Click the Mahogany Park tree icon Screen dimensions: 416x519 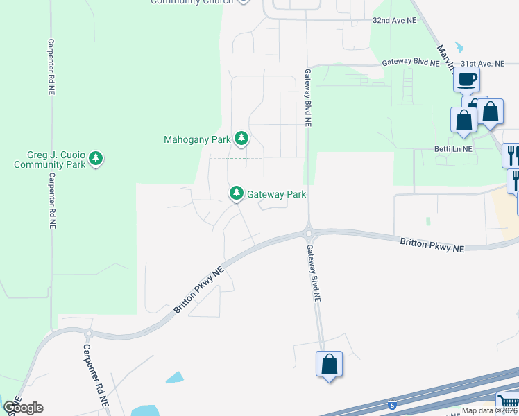tap(241, 139)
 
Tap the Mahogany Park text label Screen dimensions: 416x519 tap(196, 139)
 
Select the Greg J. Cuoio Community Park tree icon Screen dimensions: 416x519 tap(96, 159)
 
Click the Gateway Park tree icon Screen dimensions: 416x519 tap(237, 193)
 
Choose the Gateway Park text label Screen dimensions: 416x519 tap(277, 195)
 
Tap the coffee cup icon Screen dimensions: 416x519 tap(467, 79)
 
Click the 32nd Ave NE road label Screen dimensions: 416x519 tap(394, 21)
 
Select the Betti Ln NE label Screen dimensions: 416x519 tap(453, 148)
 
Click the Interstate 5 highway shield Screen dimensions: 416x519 tap(393, 404)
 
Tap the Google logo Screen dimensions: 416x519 tap(23, 408)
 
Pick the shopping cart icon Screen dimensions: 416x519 tap(507, 402)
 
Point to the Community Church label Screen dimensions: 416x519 tap(192, 2)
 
